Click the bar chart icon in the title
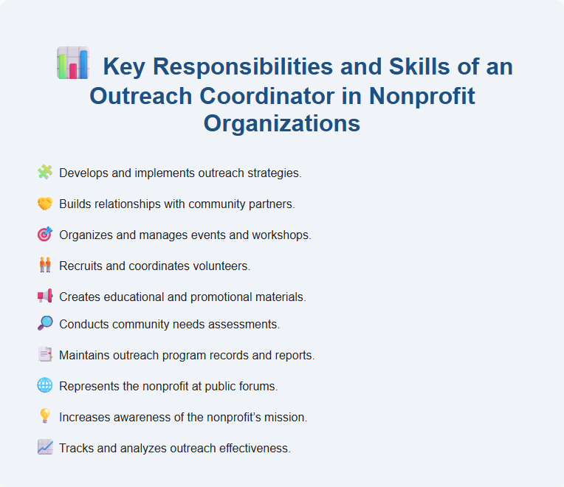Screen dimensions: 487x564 click(x=72, y=63)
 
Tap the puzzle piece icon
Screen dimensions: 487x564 click(x=45, y=173)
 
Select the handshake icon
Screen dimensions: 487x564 click(x=45, y=203)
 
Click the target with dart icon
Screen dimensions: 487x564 click(x=45, y=234)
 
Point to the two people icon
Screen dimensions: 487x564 click(x=45, y=264)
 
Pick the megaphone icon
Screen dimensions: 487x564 click(x=45, y=296)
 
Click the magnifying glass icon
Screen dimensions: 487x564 click(x=45, y=323)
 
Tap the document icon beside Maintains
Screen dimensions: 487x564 click(x=45, y=354)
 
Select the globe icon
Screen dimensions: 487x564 click(x=45, y=385)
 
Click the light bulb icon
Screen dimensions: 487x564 click(x=45, y=416)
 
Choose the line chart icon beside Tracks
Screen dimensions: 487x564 click(x=45, y=447)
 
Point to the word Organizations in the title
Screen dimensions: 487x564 click(x=282, y=122)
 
